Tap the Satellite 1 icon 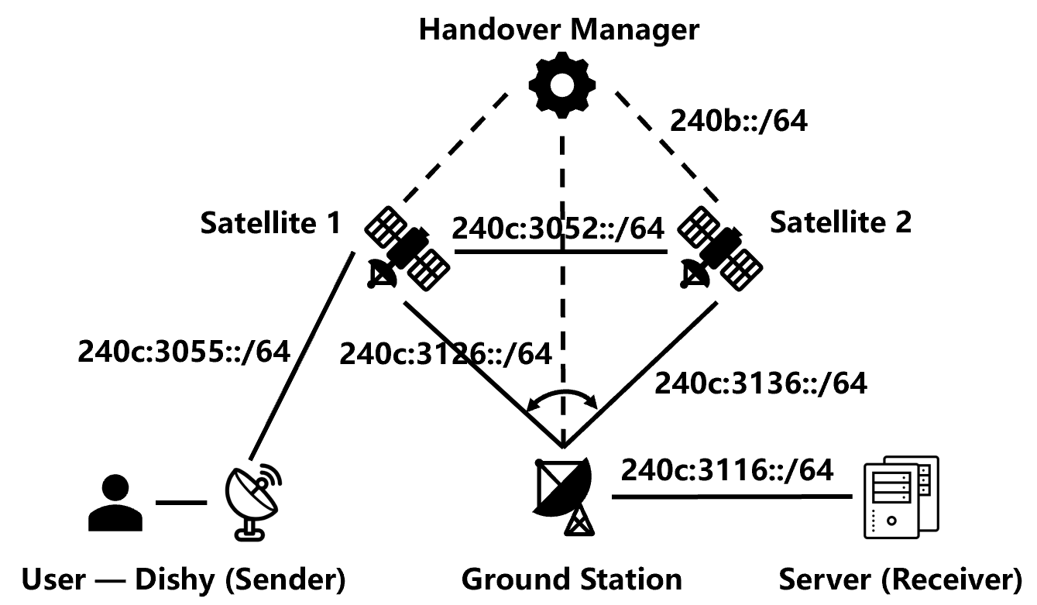pyautogui.click(x=407, y=249)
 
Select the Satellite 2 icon pyautogui.click(x=719, y=249)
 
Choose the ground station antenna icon pyautogui.click(x=564, y=495)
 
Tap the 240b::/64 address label pyautogui.click(x=739, y=122)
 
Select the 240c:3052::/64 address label pyautogui.click(x=558, y=230)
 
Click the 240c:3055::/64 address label pyautogui.click(x=184, y=352)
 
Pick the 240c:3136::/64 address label pyautogui.click(x=761, y=383)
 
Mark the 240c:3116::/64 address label pyautogui.click(x=727, y=470)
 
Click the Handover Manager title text pyautogui.click(x=558, y=31)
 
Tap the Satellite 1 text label pyautogui.click(x=270, y=224)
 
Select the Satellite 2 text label pyautogui.click(x=840, y=223)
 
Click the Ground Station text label pyautogui.click(x=572, y=579)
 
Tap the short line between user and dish pyautogui.click(x=180, y=504)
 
